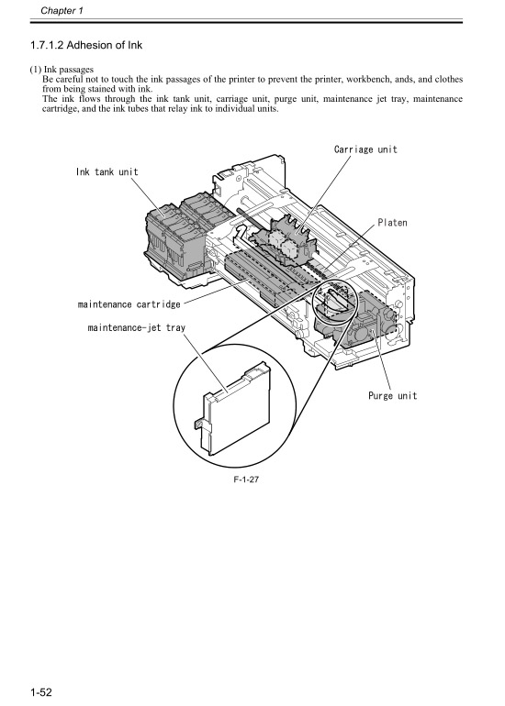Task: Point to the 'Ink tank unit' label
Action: pyautogui.click(x=107, y=171)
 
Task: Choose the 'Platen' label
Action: pyautogui.click(x=392, y=223)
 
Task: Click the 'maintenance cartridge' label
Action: pyautogui.click(x=128, y=303)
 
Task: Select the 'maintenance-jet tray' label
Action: pyautogui.click(x=133, y=325)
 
